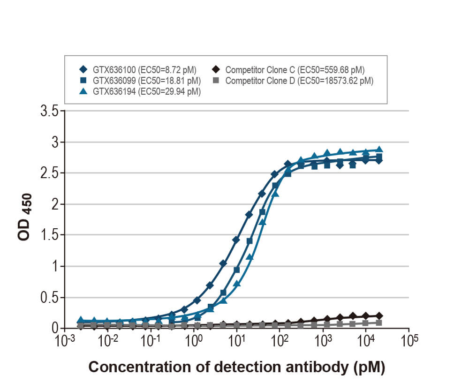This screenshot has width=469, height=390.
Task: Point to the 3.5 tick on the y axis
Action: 49,112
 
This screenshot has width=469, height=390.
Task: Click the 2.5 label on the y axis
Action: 49,173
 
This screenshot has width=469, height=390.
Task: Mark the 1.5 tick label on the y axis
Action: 49,235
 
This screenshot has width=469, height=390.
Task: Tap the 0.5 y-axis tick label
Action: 49,297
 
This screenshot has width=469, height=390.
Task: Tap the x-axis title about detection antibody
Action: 237,367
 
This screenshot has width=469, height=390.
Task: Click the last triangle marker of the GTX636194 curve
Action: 379,150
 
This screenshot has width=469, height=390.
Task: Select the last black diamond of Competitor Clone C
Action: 379,316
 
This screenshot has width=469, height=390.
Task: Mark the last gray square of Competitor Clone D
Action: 379,322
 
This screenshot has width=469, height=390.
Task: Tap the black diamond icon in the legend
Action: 216,70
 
